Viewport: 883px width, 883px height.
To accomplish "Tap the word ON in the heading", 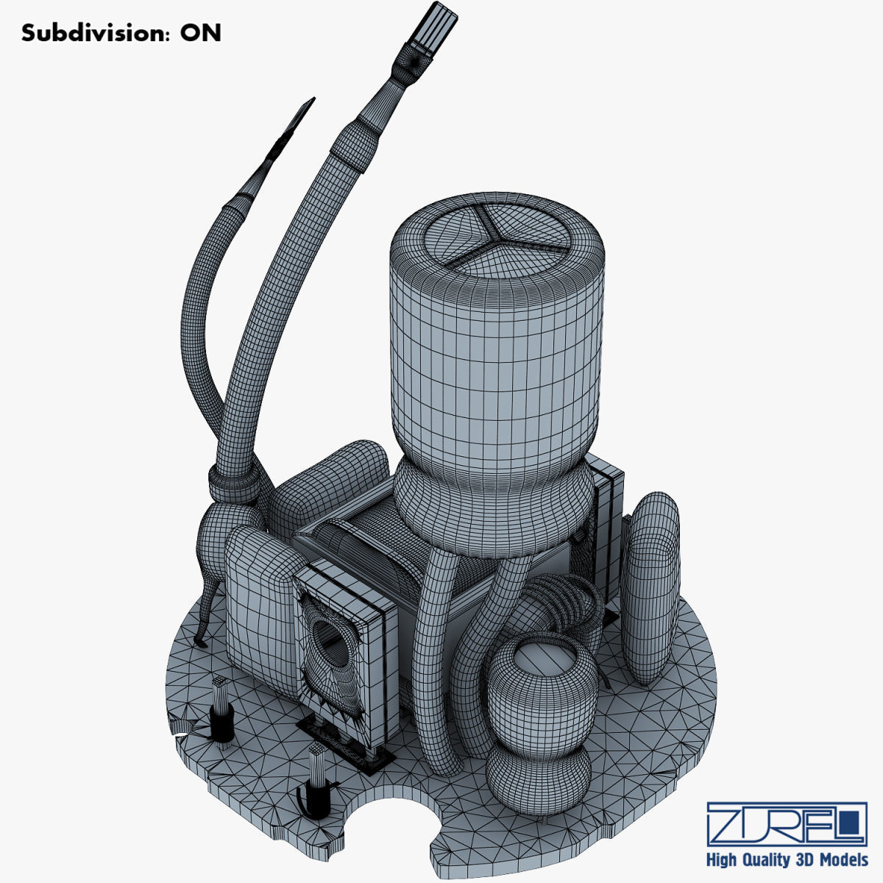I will (201, 33).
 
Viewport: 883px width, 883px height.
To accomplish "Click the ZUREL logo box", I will (786, 823).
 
